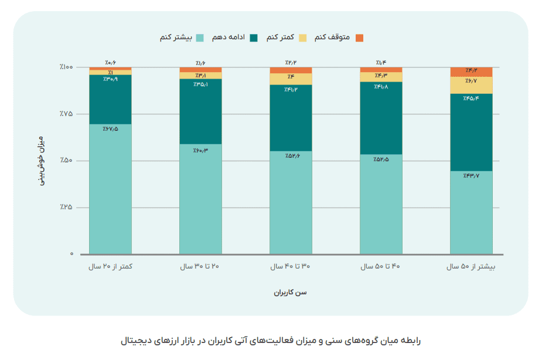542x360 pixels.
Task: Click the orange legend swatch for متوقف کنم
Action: click(359, 38)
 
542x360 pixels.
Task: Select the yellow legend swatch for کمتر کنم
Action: click(302, 38)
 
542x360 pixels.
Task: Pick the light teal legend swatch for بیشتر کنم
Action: click(200, 38)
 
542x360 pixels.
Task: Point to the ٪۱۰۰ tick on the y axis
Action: click(66, 67)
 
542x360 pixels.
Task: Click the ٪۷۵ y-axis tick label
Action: click(66, 114)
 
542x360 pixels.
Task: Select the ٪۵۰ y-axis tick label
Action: click(66, 161)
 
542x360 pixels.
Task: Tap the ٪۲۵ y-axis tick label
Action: click(66, 208)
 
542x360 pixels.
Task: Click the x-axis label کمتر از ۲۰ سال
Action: click(110, 267)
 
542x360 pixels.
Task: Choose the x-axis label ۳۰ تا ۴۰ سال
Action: click(291, 267)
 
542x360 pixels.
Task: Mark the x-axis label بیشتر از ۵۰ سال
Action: click(471, 267)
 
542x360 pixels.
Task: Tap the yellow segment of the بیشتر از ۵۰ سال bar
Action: click(471, 86)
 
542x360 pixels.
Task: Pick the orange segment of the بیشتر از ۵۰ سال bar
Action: click(471, 72)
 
